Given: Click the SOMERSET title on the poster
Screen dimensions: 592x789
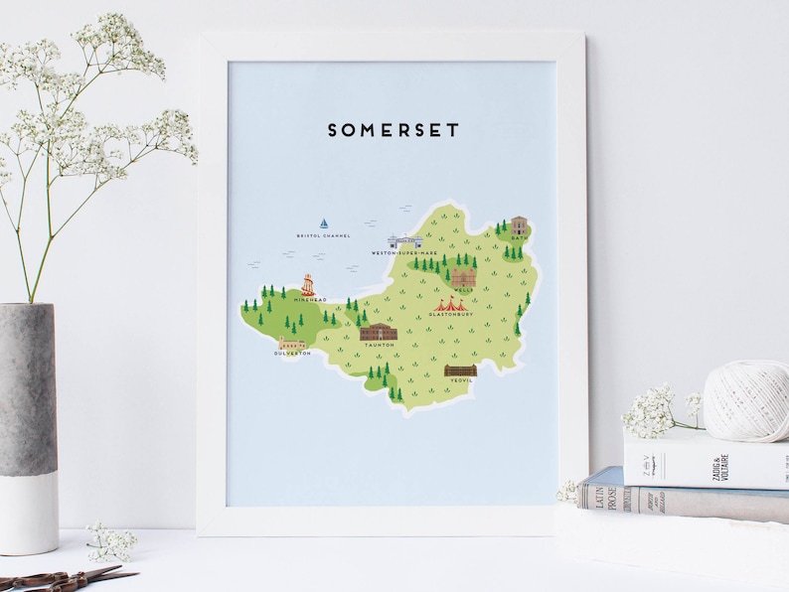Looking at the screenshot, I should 394,130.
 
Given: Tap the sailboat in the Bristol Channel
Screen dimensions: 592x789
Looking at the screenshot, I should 323,223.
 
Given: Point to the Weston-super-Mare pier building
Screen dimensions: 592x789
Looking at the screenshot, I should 405,241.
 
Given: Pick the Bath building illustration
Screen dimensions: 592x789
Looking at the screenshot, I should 518,225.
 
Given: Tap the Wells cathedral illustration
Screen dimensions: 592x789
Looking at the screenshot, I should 463,277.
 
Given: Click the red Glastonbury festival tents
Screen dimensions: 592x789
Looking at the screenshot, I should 450,303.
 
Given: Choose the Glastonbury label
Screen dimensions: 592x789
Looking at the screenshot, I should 451,315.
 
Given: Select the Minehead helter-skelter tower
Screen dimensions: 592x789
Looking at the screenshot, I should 308,285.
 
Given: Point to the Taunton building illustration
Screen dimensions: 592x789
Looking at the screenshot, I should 378,332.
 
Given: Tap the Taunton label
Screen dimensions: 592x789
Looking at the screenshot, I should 379,345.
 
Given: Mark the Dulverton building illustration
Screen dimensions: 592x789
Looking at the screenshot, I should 292,344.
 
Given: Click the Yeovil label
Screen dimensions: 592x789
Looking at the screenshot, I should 461,380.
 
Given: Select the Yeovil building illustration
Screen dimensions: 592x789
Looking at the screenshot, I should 460,370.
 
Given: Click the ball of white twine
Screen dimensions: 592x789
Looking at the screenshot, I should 746,400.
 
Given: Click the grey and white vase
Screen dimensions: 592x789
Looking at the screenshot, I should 29,428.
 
